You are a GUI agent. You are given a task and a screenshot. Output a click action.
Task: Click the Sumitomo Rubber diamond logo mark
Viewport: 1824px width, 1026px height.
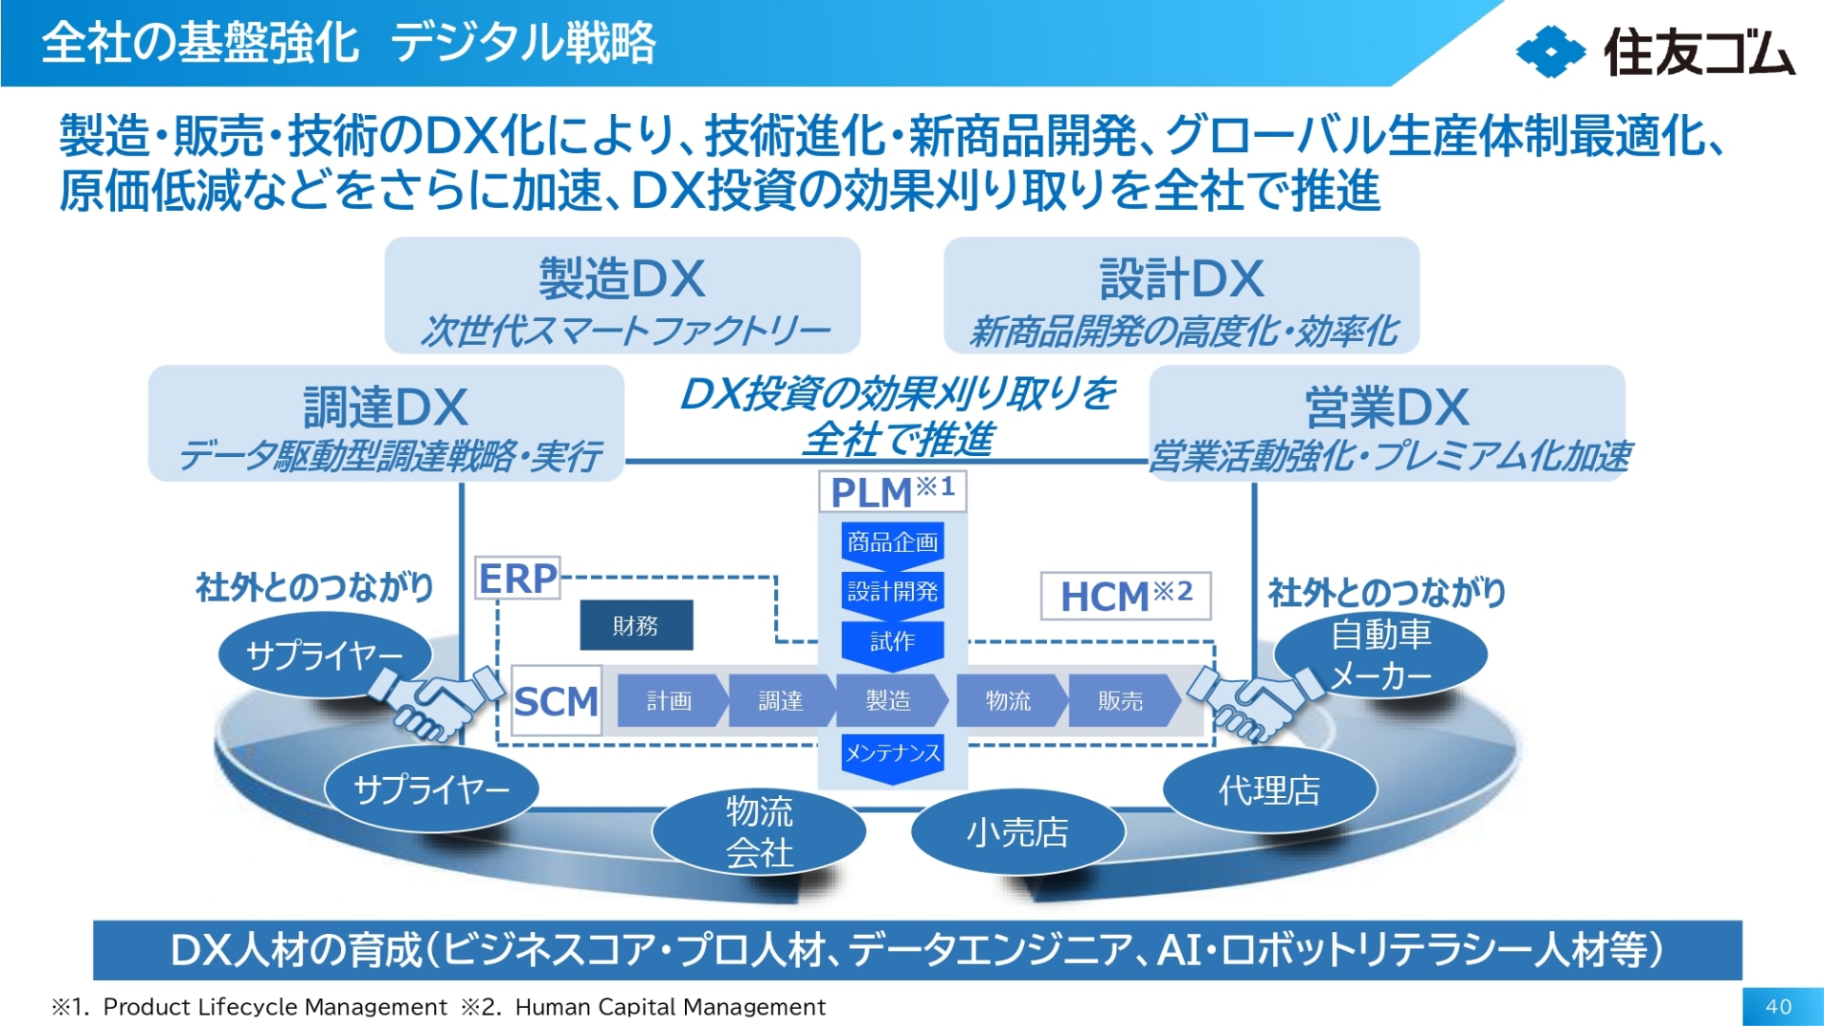pos(1549,51)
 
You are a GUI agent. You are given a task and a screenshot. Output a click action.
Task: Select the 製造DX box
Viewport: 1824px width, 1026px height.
pos(622,295)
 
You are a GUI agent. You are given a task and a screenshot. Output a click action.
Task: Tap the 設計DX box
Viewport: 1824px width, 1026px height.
pos(1181,295)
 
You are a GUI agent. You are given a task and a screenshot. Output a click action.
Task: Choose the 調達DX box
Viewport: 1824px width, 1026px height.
pos(386,424)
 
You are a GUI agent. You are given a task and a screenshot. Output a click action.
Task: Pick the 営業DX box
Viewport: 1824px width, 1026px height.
pos(1386,424)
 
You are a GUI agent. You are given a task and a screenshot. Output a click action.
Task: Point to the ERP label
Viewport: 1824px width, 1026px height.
pos(518,578)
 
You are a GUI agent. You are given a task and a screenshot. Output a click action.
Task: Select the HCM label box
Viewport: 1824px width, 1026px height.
pos(1126,596)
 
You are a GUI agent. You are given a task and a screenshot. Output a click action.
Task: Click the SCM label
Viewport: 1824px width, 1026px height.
pos(556,701)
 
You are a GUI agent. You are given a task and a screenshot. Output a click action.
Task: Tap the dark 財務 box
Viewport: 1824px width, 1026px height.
pos(636,625)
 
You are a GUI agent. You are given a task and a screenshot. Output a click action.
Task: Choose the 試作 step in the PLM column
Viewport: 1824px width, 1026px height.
pos(892,642)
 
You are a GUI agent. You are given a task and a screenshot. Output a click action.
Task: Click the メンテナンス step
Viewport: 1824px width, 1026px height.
pos(892,754)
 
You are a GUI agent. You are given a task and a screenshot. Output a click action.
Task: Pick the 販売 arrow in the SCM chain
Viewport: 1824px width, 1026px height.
pos(1122,701)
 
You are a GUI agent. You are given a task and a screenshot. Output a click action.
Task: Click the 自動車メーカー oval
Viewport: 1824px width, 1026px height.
pos(1379,655)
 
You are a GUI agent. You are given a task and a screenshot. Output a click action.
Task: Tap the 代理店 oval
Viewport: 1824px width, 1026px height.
pos(1269,789)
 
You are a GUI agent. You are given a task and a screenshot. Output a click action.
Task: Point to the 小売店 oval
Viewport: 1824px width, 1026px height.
pos(1017,832)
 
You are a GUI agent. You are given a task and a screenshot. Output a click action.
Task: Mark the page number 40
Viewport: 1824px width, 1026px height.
pos(1778,1006)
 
